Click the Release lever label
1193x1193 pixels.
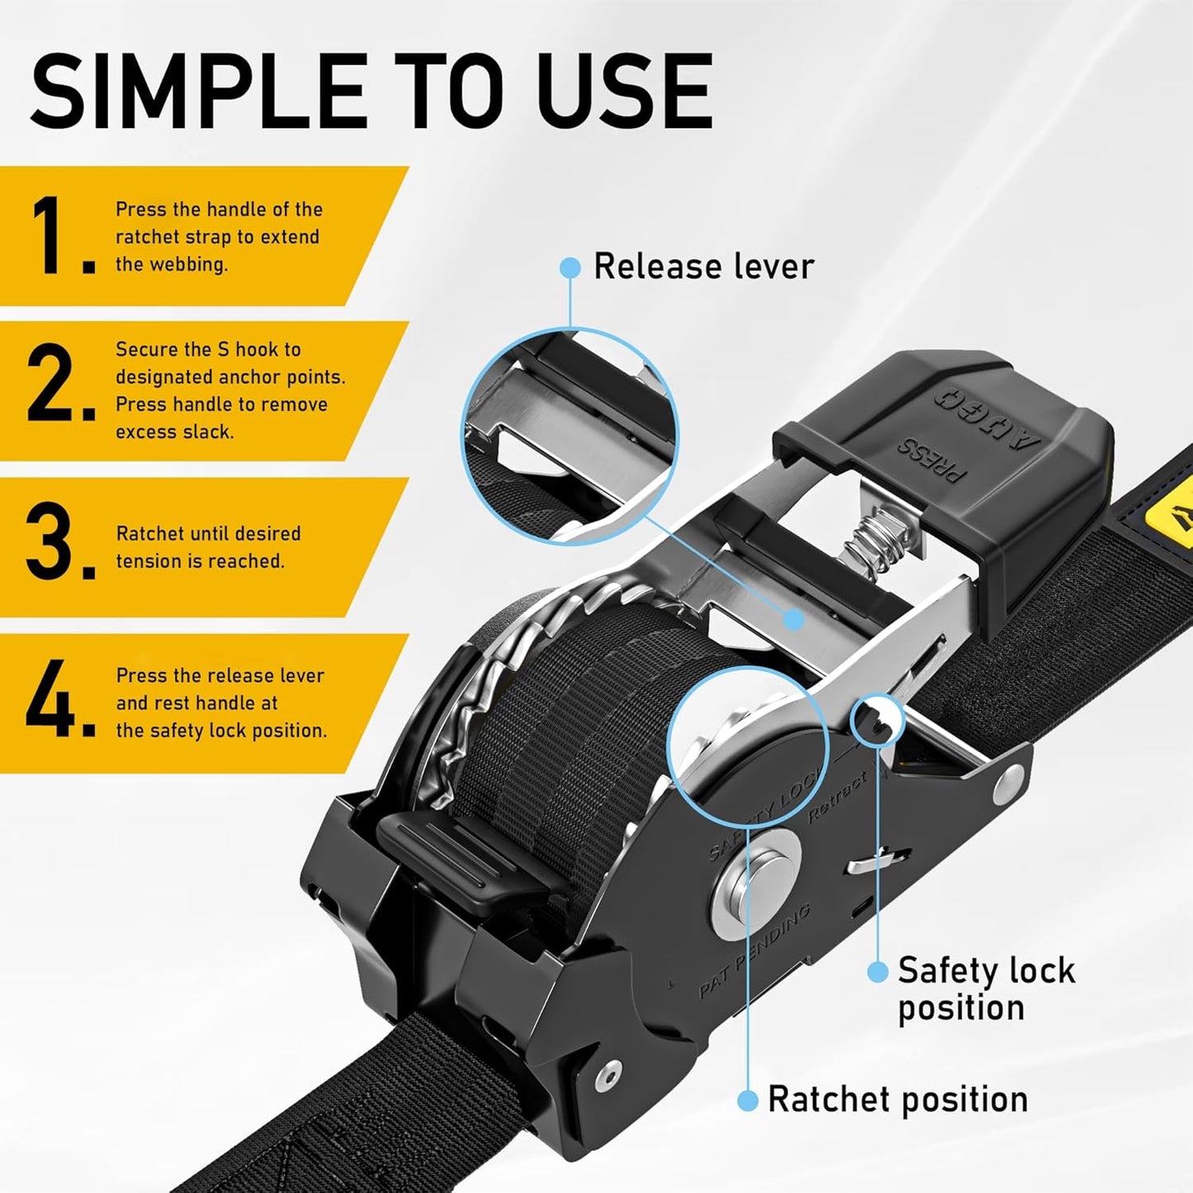click(x=703, y=267)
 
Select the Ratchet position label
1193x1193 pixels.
click(x=897, y=1099)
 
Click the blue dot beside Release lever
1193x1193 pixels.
click(x=570, y=267)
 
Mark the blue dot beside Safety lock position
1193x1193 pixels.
click(x=878, y=971)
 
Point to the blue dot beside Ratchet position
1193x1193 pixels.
click(x=747, y=1100)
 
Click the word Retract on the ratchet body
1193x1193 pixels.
click(x=838, y=797)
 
